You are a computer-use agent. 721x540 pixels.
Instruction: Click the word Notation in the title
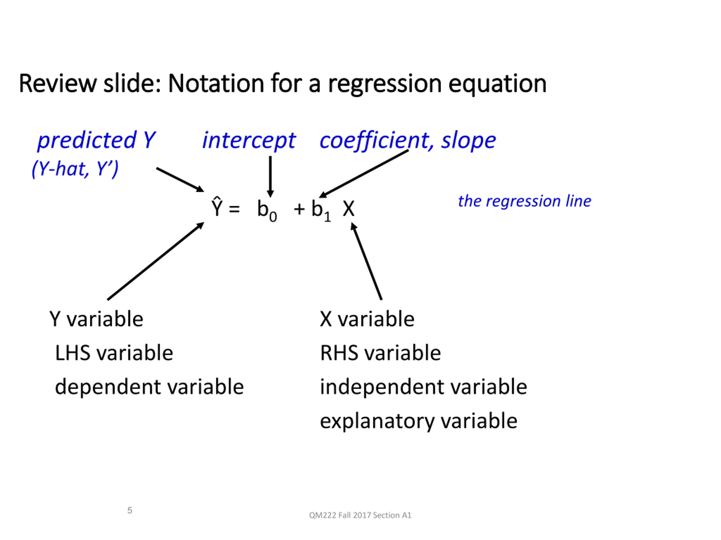click(x=216, y=84)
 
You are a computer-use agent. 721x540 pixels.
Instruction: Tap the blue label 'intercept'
click(x=249, y=141)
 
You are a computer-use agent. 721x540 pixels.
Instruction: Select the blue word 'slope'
click(x=469, y=141)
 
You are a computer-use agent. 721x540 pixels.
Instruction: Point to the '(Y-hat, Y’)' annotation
click(x=75, y=169)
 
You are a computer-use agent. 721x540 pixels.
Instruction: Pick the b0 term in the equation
click(x=267, y=210)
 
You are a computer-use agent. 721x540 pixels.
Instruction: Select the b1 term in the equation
click(x=321, y=210)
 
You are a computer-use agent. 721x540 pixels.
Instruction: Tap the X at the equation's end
click(x=348, y=209)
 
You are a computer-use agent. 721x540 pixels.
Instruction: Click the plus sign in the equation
click(x=299, y=209)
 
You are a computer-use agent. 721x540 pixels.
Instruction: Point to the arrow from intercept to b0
click(x=270, y=177)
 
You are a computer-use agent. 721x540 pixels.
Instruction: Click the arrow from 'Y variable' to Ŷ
click(x=156, y=261)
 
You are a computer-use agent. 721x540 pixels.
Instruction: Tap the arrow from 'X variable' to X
click(x=366, y=261)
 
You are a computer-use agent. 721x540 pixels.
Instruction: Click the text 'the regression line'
click(x=524, y=201)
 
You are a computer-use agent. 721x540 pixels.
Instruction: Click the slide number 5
click(x=130, y=510)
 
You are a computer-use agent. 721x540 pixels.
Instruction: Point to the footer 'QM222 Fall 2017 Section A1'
click(x=360, y=515)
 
